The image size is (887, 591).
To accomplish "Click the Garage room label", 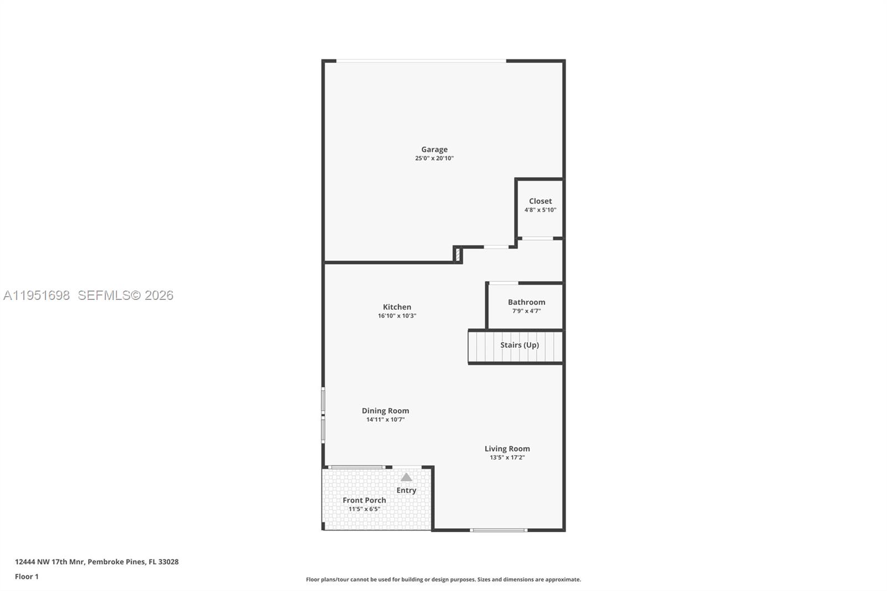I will coord(434,149).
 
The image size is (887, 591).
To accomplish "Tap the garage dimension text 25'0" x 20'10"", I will coord(434,158).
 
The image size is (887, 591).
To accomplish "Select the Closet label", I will coord(540,201).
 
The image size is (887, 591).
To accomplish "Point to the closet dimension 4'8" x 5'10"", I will coord(540,210).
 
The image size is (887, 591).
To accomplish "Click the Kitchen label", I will coord(397,307).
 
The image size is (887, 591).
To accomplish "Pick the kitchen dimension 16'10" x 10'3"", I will coord(397,316).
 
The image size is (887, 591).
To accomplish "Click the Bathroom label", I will coord(526,302).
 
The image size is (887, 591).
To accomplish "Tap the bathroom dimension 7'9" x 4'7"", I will coord(526,311).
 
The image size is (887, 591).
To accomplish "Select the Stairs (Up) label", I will coord(519,345).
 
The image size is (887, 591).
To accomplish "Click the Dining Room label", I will coord(385,411).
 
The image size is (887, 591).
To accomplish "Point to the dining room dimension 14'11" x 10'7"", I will coord(385,420).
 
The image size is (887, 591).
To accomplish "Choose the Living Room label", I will coord(507,449).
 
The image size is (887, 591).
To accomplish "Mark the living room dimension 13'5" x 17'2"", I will coord(507,457).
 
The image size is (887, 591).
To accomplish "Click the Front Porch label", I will coord(364,500).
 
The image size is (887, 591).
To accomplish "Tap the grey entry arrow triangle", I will coord(406,477).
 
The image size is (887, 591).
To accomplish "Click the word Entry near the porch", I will coord(406,490).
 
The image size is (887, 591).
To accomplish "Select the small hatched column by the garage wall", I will coord(458,254).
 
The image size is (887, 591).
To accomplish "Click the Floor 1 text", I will coord(27,577).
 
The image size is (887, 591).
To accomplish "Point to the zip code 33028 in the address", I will coord(169,562).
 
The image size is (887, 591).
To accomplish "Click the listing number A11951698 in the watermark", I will coord(37,295).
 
